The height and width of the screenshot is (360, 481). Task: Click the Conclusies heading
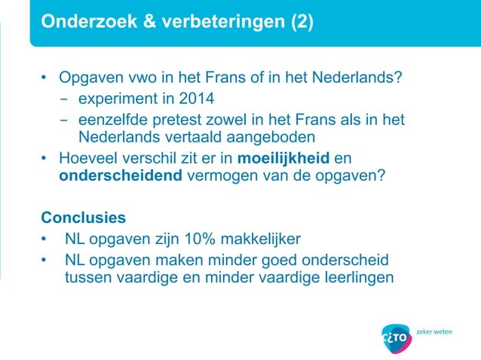[83, 218]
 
